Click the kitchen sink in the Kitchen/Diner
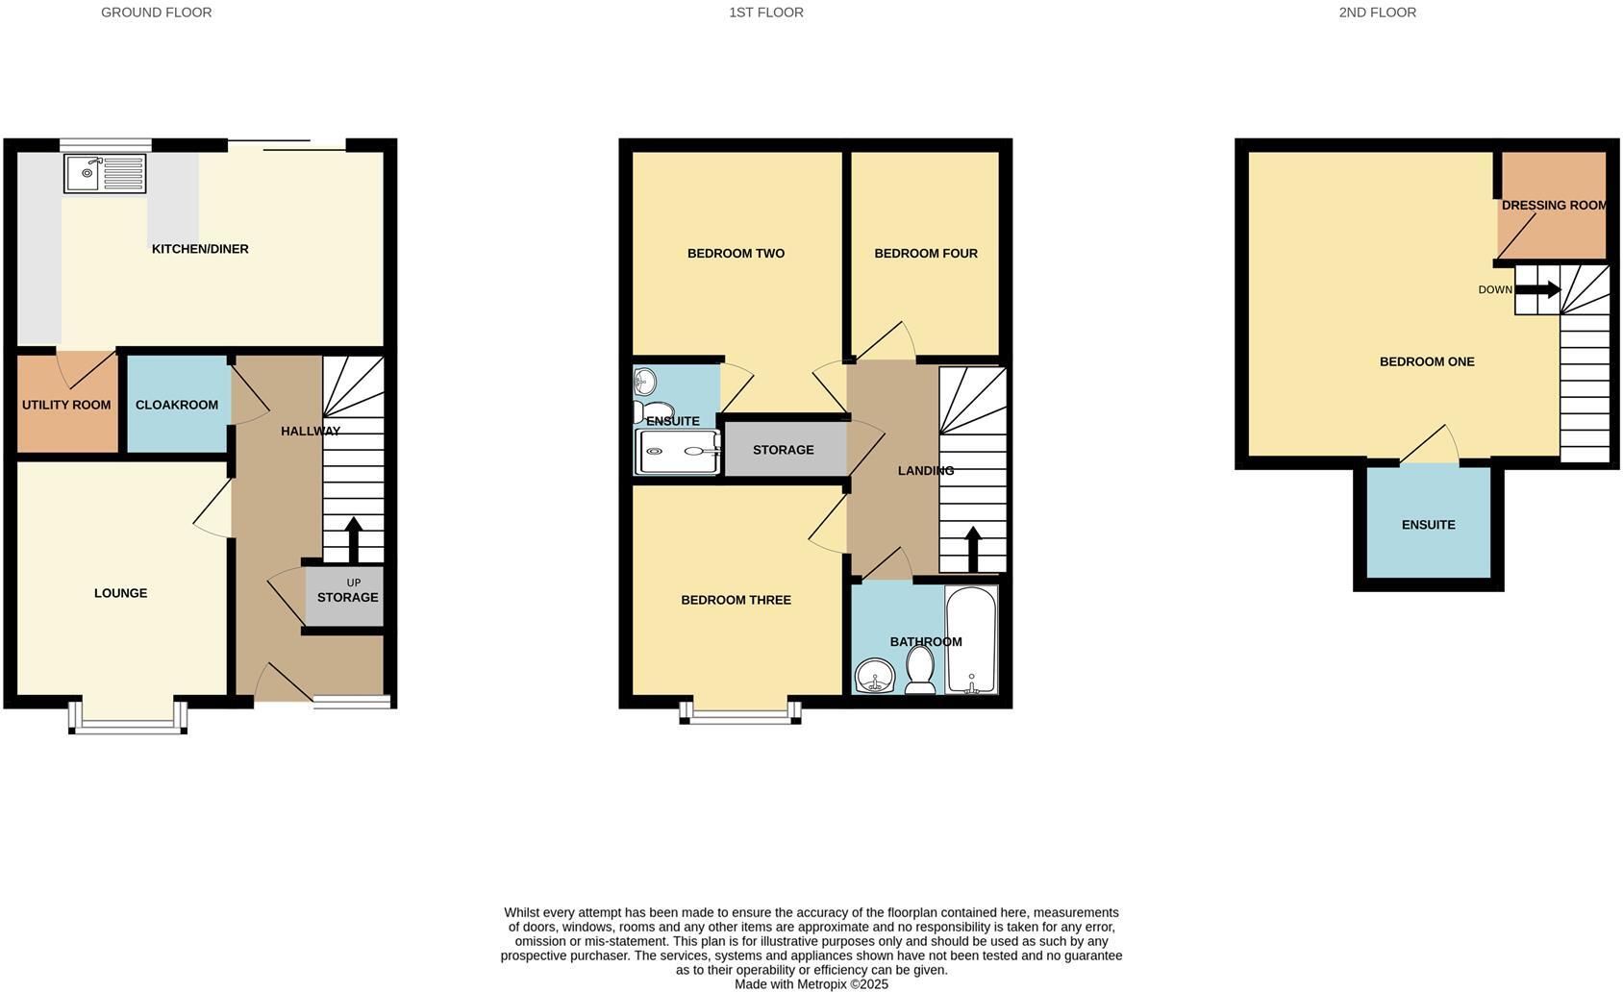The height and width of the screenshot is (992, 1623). point(105,173)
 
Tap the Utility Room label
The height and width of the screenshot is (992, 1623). point(66,405)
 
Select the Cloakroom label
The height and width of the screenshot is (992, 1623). point(177,405)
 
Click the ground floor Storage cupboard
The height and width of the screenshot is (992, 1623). point(346,597)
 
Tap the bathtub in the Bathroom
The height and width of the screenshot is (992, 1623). point(971,639)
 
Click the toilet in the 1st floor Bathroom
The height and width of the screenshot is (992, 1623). point(920,669)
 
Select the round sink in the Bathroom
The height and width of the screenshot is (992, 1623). point(874,676)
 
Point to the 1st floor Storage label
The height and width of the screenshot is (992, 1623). point(783,450)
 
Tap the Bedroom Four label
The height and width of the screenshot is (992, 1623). point(925,254)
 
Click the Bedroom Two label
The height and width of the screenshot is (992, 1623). point(736,254)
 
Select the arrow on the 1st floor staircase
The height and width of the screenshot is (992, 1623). point(972,549)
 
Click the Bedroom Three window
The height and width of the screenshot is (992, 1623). point(740,714)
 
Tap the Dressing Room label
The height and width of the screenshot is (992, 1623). point(1554,205)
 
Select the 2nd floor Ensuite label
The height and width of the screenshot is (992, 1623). point(1428,525)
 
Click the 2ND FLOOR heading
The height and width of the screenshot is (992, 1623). point(1377,12)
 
